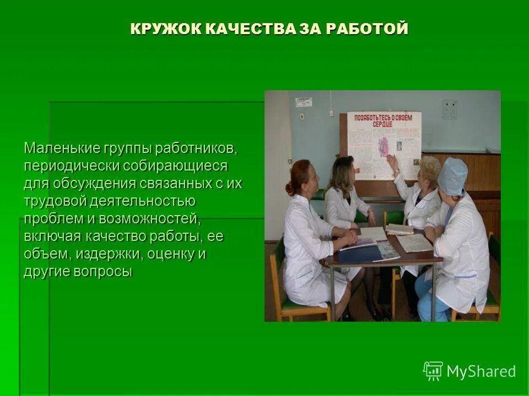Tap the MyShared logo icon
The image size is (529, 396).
(x=433, y=371)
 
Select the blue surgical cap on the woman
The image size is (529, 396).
(x=453, y=175)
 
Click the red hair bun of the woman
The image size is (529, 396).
(x=290, y=189)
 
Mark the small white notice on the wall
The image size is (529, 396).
(x=303, y=102)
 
